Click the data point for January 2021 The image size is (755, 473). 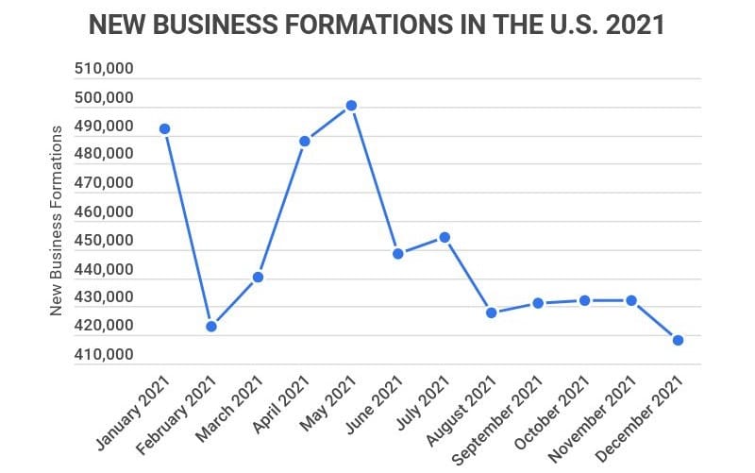click(164, 128)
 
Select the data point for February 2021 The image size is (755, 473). click(211, 327)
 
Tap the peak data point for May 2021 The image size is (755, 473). click(351, 106)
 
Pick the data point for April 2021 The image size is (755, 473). click(304, 142)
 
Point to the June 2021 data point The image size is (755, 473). click(397, 254)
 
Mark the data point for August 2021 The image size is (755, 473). click(491, 313)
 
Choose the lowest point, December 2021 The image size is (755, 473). click(678, 340)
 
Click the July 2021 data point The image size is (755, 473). click(445, 237)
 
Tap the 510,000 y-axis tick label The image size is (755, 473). click(103, 70)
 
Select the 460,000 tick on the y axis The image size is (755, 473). click(103, 212)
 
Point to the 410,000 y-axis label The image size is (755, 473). click(103, 355)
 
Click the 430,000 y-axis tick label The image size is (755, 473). click(103, 298)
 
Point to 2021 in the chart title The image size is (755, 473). click(635, 25)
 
